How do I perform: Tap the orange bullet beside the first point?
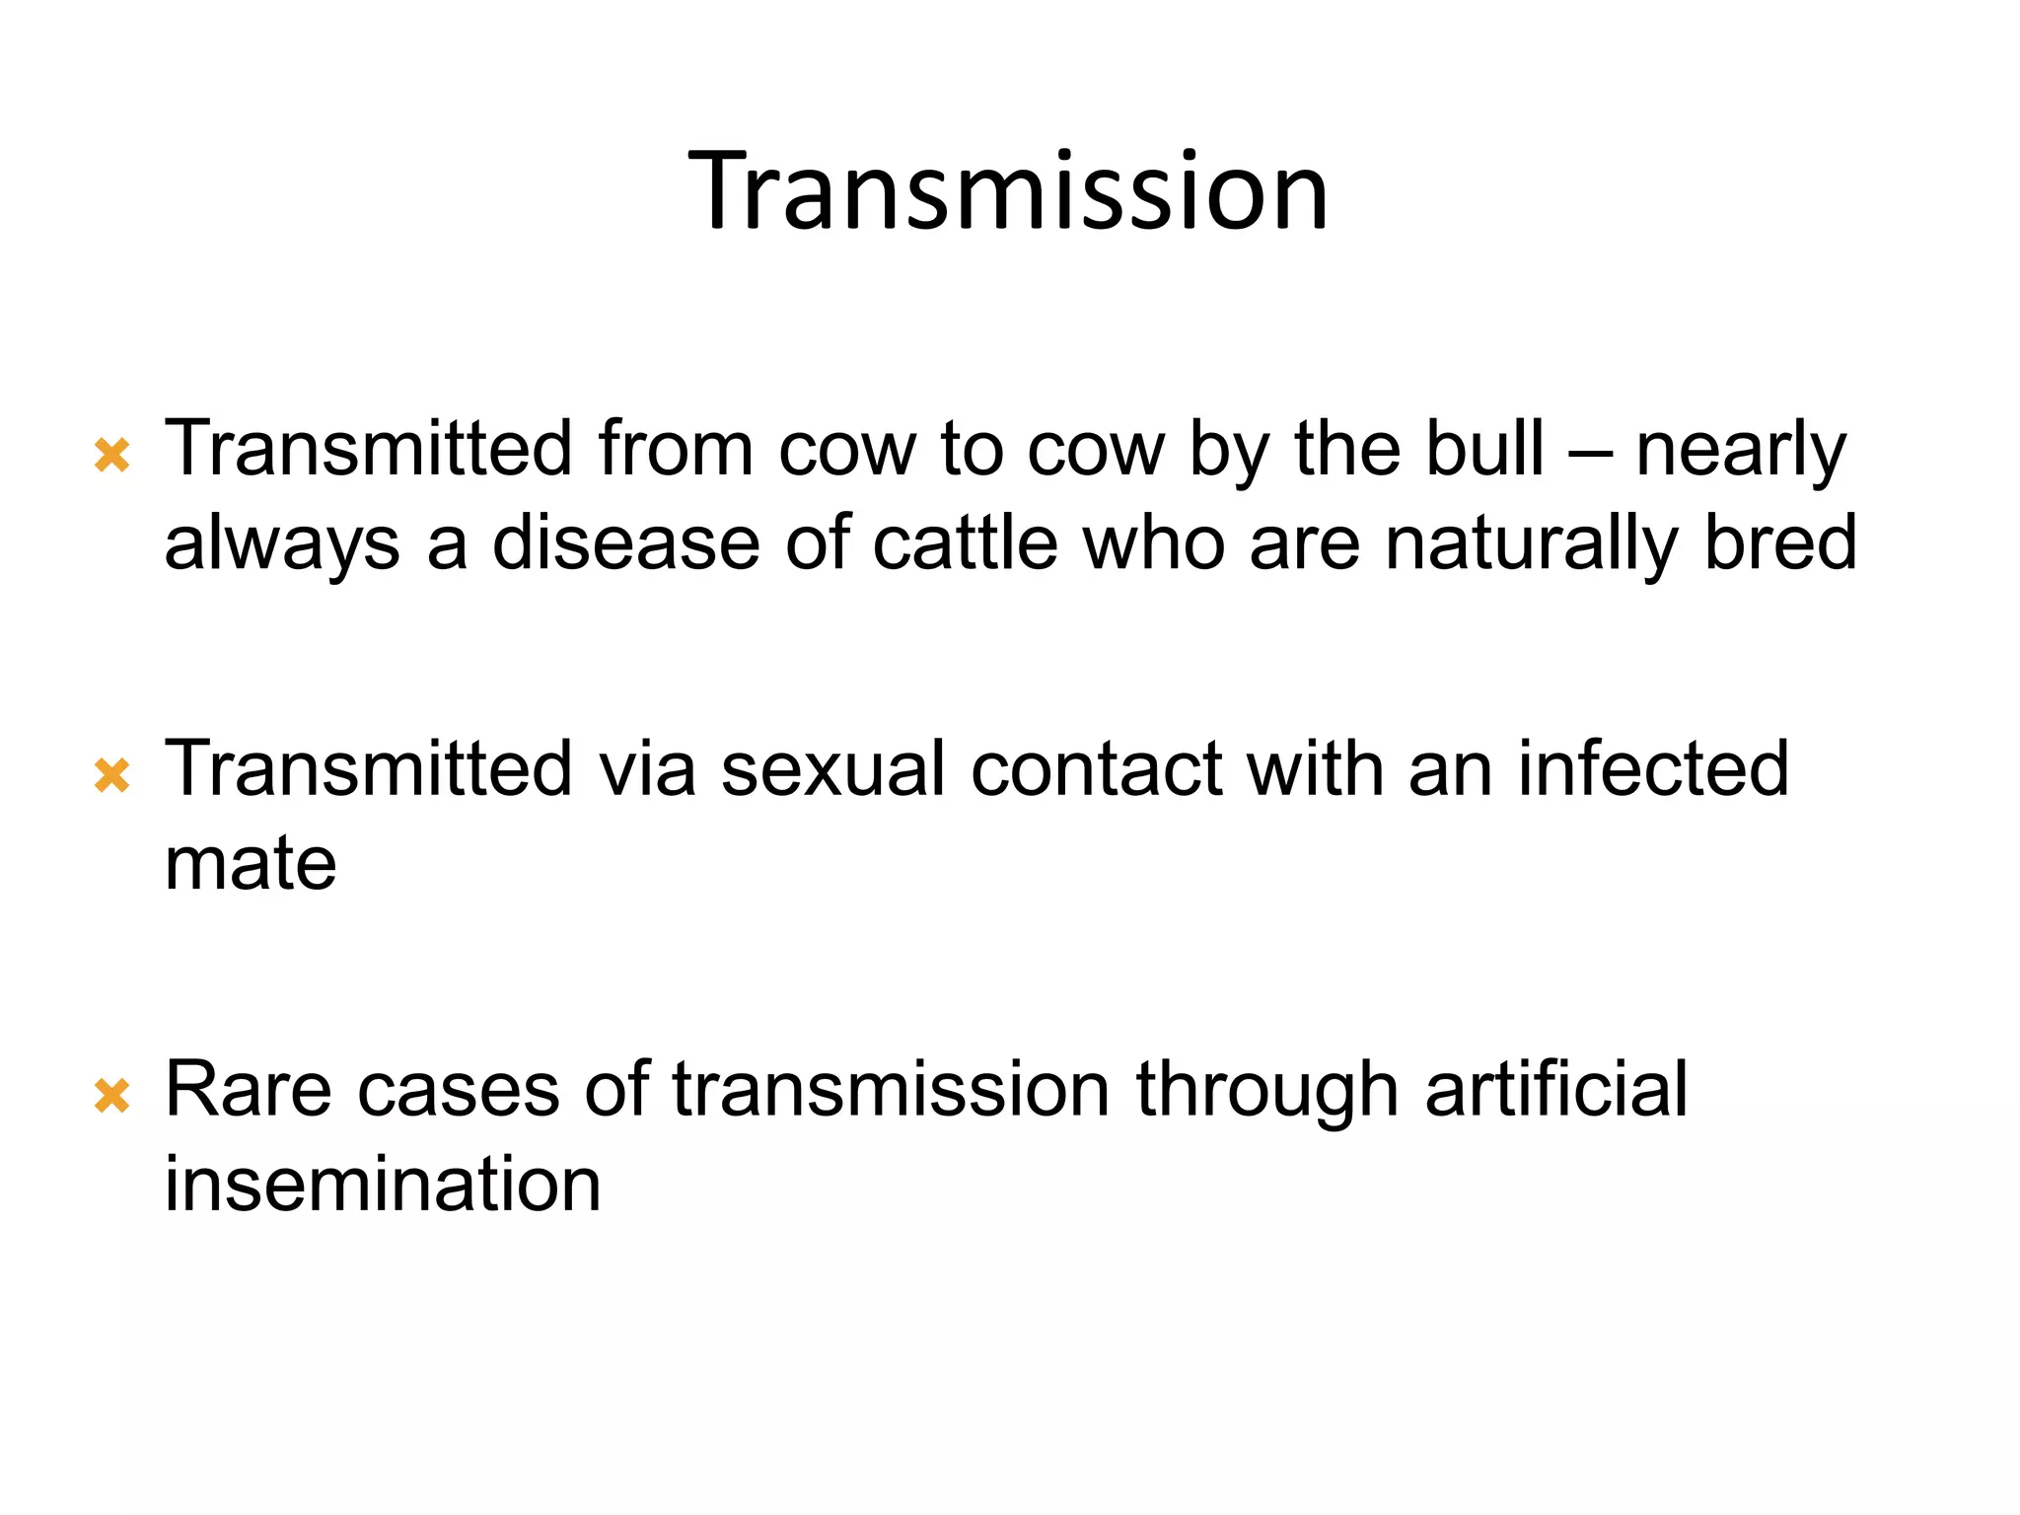(x=112, y=456)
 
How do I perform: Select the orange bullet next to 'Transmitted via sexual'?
(x=112, y=775)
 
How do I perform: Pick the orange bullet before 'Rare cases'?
(x=112, y=1096)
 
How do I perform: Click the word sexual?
(x=833, y=768)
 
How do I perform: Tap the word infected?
(x=1653, y=768)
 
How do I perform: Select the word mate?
(x=251, y=864)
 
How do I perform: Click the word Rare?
(x=248, y=1089)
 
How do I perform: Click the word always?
(x=282, y=544)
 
